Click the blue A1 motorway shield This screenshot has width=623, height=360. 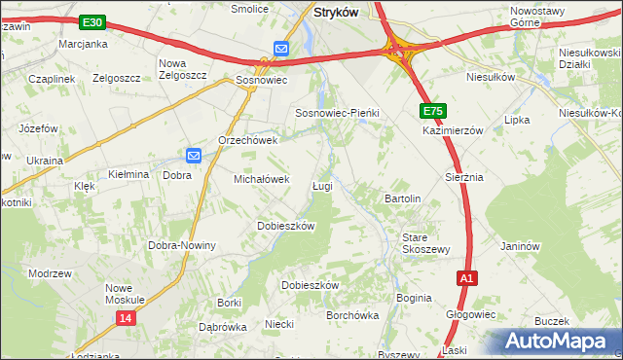[x=467, y=278]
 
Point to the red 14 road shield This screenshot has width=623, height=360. [x=125, y=317]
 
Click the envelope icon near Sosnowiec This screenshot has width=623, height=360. [x=280, y=48]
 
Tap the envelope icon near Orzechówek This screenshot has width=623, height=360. [x=193, y=154]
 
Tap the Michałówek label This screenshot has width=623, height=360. [x=261, y=179]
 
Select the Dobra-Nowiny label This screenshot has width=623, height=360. [x=182, y=245]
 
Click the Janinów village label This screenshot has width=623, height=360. [x=520, y=246]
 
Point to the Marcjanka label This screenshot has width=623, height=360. [x=82, y=45]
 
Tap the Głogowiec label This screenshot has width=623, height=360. [x=471, y=314]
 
